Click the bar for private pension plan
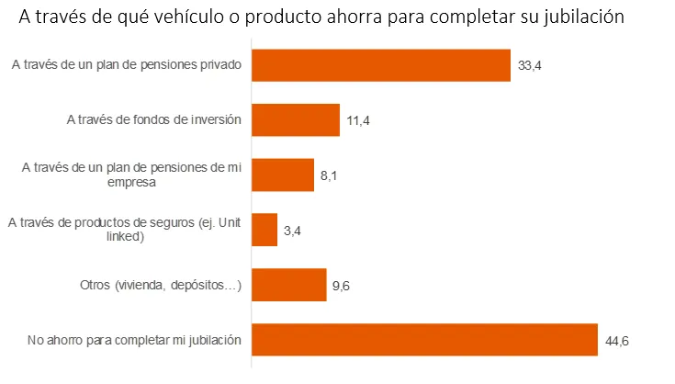coord(380,65)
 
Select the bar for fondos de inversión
coord(296,120)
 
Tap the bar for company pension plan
coord(283,175)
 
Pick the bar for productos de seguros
coord(264,230)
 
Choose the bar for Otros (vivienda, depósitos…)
coord(289,285)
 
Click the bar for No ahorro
coord(424,339)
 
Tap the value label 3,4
coord(293,231)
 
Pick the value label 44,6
coord(616,340)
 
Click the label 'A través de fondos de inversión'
coord(154,119)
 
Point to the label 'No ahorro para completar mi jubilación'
coord(134,340)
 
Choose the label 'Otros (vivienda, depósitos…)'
coord(161,286)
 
